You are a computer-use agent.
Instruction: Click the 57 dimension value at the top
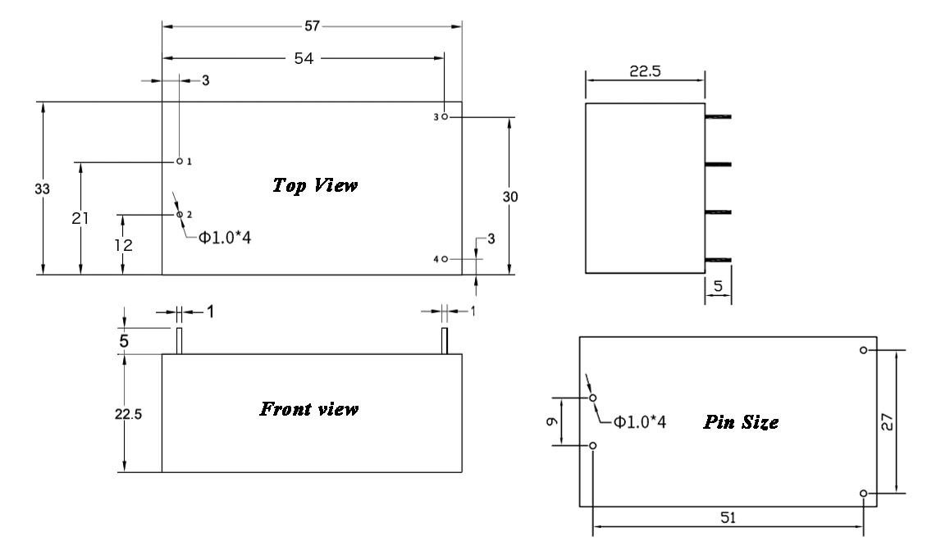(x=311, y=26)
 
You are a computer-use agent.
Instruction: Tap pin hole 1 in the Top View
(x=180, y=162)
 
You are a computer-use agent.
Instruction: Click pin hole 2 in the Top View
(x=180, y=214)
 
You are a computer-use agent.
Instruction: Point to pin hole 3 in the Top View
(x=444, y=117)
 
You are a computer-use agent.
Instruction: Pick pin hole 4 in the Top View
(x=444, y=259)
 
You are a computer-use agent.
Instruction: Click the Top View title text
(x=314, y=185)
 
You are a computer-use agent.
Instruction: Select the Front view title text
(x=308, y=408)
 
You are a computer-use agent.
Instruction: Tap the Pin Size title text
(x=741, y=423)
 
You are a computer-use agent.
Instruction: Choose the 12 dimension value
(x=121, y=245)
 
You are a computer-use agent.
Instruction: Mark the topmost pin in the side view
(x=718, y=117)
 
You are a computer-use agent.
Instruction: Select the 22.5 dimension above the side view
(x=644, y=71)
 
